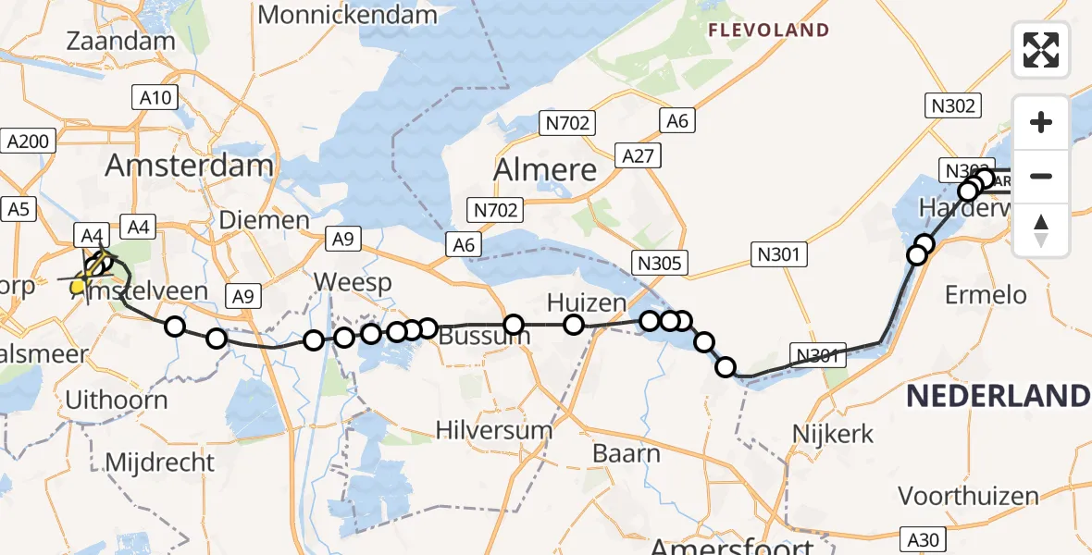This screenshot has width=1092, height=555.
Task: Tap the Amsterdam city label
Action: [x=189, y=166]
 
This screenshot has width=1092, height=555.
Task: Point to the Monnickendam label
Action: [x=347, y=14]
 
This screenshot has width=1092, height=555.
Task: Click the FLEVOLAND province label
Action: [x=768, y=31]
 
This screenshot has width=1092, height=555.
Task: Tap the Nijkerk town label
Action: [x=833, y=433]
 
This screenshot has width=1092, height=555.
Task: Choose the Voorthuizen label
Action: [x=968, y=496]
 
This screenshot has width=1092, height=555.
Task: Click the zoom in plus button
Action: [x=1041, y=122]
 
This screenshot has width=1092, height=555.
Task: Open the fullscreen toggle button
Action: [x=1041, y=50]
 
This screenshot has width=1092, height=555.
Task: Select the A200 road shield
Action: [x=30, y=141]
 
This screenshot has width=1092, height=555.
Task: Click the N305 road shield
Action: [x=660, y=264]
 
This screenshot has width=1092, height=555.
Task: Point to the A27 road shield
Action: [x=639, y=156]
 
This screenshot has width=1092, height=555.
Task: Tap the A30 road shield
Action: [x=926, y=537]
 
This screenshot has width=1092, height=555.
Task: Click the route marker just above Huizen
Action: [x=574, y=324]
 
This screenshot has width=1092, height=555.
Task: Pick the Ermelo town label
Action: [x=986, y=295]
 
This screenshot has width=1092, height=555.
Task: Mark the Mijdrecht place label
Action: [x=160, y=462]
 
